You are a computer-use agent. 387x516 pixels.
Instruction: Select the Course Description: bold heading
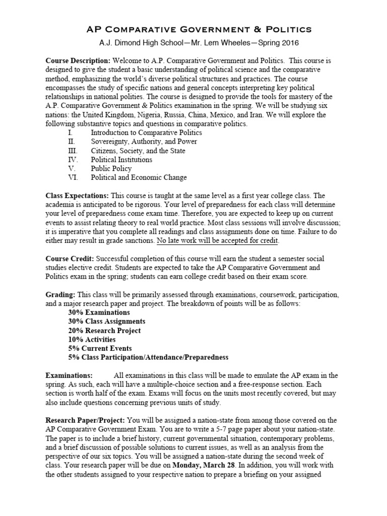(x=78, y=60)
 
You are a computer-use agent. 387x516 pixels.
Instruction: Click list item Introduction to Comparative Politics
(x=146, y=133)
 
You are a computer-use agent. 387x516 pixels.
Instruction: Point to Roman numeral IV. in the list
(x=74, y=160)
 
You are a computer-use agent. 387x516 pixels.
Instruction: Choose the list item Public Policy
(x=111, y=169)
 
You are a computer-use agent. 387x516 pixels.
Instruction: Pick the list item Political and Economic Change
(x=139, y=177)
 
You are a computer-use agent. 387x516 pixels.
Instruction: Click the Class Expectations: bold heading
(x=77, y=196)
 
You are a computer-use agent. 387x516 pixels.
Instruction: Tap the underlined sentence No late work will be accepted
(x=217, y=241)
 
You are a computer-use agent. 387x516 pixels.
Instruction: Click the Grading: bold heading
(x=60, y=294)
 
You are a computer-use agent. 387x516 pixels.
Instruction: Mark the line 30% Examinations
(x=99, y=312)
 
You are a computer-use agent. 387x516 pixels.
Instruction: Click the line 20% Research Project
(x=104, y=331)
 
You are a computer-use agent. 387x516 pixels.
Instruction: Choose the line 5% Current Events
(x=100, y=348)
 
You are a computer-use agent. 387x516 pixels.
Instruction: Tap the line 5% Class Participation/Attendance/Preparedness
(x=148, y=357)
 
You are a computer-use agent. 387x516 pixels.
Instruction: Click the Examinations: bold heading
(x=69, y=375)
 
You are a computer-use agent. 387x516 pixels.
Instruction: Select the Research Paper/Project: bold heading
(x=86, y=420)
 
